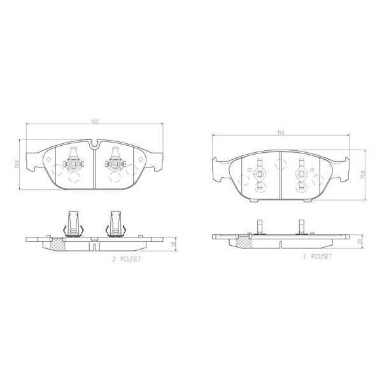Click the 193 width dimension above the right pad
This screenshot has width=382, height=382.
tap(280, 132)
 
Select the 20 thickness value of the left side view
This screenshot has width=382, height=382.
tap(172, 244)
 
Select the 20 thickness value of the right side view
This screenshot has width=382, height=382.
tap(360, 242)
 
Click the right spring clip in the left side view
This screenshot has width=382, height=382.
tap(116, 223)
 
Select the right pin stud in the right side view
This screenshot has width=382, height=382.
tap(302, 226)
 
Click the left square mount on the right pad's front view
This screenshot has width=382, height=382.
tap(259, 174)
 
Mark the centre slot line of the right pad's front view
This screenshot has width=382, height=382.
tap(281, 174)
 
